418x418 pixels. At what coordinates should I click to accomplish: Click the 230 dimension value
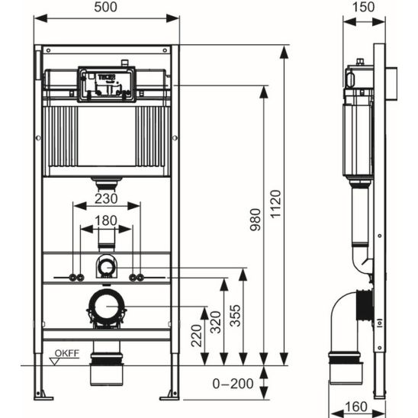point(106,198)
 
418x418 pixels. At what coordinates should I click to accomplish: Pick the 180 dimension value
point(106,220)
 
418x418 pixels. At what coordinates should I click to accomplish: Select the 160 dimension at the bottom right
point(352,405)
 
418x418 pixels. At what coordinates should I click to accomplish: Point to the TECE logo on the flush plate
point(106,78)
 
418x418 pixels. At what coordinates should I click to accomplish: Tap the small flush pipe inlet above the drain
point(106,266)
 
